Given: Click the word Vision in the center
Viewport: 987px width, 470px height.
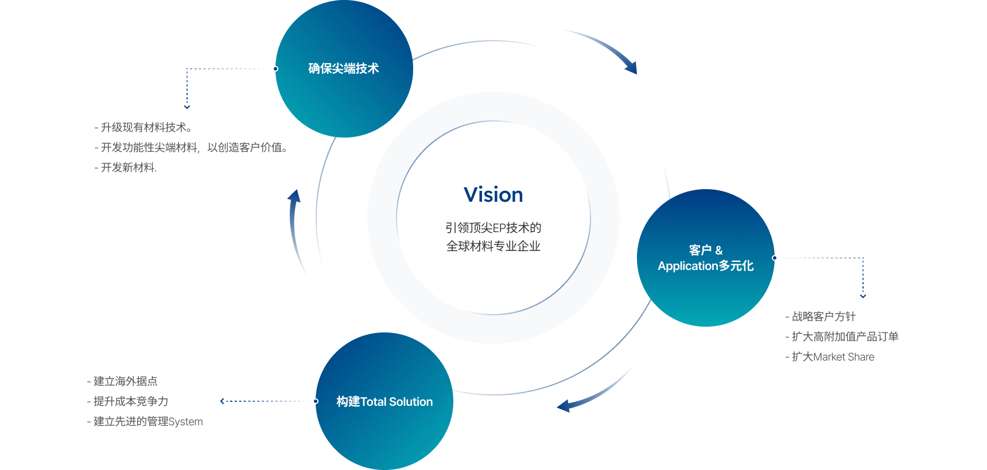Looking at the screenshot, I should pyautogui.click(x=493, y=195).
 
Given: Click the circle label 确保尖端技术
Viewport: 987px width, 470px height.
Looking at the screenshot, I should pyautogui.click(x=343, y=69).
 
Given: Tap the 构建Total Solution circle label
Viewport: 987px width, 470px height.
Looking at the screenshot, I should pyautogui.click(x=384, y=402).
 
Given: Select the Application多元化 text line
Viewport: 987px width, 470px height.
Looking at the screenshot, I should pyautogui.click(x=705, y=266).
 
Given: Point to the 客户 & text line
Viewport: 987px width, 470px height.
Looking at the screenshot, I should pyautogui.click(x=705, y=250).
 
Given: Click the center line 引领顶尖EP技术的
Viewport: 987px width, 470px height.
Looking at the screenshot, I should pyautogui.click(x=493, y=228).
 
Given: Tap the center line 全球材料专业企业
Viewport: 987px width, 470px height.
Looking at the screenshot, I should pyautogui.click(x=493, y=246).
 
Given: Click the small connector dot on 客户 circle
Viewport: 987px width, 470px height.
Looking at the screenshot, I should pyautogui.click(x=775, y=258).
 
